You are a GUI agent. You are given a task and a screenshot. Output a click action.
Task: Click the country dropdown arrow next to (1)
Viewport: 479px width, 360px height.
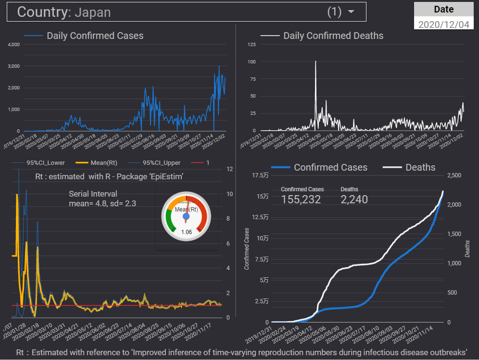(351, 12)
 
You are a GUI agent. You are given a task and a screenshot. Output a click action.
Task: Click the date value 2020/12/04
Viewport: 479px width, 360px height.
(443, 24)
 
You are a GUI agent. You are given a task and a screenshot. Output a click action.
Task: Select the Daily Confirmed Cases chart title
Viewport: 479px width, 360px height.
(95, 36)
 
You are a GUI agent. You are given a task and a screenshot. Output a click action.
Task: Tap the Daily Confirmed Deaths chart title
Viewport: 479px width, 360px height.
(333, 36)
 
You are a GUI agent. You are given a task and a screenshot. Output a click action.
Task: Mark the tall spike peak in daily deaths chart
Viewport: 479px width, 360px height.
(315, 62)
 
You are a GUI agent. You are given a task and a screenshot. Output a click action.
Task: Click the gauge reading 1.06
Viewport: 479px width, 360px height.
(186, 232)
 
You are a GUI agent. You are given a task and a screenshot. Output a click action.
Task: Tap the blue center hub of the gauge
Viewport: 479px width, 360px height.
(186, 217)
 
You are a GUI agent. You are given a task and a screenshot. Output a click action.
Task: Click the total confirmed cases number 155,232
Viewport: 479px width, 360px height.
(301, 199)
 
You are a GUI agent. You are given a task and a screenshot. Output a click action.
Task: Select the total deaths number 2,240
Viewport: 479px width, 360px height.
(354, 199)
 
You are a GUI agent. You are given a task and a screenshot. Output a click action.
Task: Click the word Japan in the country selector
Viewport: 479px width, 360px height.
(92, 12)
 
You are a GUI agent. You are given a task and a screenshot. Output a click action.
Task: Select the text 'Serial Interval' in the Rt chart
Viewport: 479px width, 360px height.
(93, 194)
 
